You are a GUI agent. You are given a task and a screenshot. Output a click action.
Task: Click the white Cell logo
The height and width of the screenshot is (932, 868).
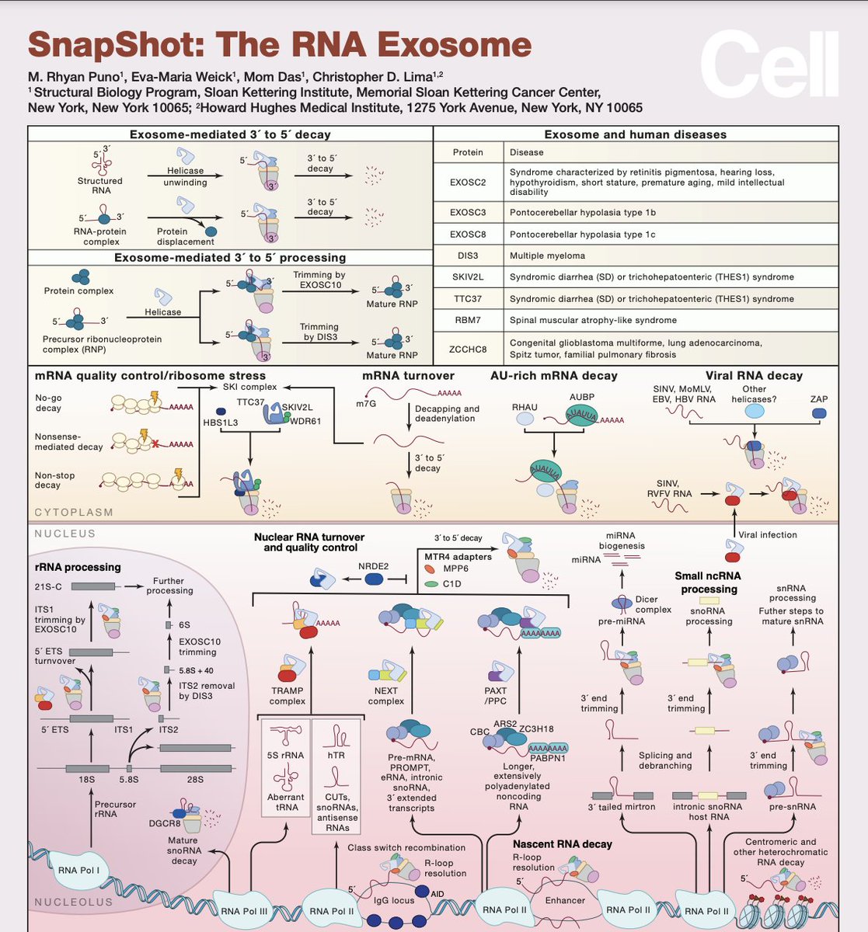click(x=769, y=67)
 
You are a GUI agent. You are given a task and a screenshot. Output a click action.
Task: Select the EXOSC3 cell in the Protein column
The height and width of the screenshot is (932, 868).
click(x=467, y=211)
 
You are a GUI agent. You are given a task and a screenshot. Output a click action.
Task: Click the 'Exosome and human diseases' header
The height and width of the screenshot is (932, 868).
click(x=635, y=134)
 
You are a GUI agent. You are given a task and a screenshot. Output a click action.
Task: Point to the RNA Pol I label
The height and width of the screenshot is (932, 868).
click(x=78, y=871)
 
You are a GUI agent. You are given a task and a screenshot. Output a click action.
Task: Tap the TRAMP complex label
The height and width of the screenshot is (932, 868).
click(x=287, y=696)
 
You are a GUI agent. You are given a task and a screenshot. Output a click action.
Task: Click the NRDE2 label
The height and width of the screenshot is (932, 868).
click(x=375, y=566)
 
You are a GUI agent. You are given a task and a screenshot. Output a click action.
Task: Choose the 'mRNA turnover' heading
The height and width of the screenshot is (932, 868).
click(x=408, y=376)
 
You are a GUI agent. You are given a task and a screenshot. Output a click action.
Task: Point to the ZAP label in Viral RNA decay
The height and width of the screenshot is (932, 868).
click(x=818, y=399)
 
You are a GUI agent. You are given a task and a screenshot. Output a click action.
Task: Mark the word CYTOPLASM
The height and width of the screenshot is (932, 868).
click(x=74, y=513)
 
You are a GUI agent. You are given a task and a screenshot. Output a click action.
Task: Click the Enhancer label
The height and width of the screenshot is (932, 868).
click(x=565, y=900)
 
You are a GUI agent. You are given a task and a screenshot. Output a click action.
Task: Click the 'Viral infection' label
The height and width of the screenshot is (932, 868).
click(x=767, y=535)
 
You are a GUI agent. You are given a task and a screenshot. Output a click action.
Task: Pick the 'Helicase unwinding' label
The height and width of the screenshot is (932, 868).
click(x=185, y=176)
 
